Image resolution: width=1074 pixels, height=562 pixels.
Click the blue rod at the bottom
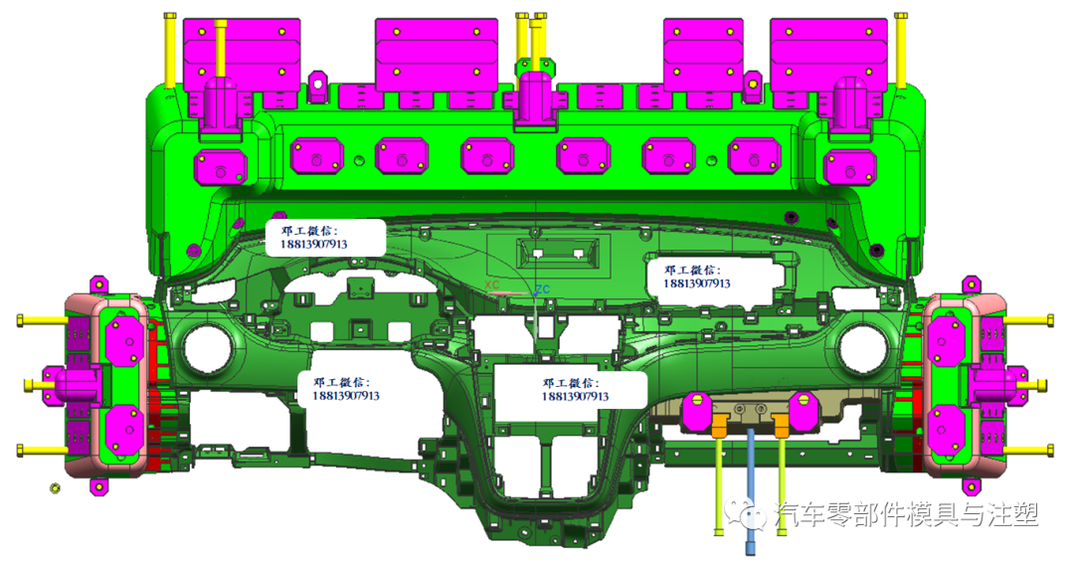click(752, 490)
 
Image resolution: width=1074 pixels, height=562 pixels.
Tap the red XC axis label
click(492, 284)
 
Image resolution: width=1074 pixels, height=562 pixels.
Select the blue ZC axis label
click(543, 289)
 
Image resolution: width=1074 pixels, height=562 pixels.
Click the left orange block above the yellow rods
click(719, 425)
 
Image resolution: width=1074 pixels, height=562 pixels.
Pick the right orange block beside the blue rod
click(782, 425)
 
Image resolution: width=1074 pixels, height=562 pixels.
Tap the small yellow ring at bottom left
click(55, 488)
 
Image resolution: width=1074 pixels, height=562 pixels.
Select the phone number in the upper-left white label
click(313, 244)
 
